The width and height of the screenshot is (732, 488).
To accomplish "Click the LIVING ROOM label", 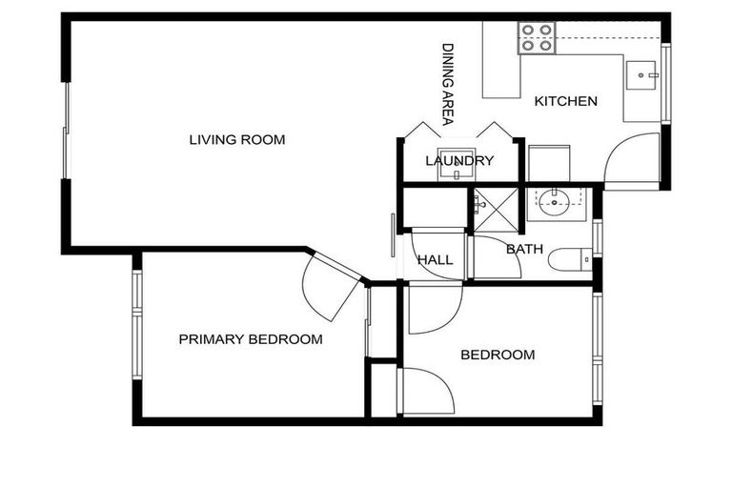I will click(x=236, y=140).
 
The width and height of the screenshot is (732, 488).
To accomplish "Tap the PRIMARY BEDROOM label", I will click(x=250, y=339).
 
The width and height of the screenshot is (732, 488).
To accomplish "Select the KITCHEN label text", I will click(x=565, y=101).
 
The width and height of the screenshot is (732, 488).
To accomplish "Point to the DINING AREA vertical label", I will click(x=446, y=84).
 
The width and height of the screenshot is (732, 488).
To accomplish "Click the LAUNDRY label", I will click(x=459, y=161).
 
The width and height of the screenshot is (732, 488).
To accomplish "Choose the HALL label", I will click(x=435, y=260).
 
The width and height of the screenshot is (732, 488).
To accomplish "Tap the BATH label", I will click(x=524, y=250).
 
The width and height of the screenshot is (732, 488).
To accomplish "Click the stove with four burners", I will click(x=537, y=38).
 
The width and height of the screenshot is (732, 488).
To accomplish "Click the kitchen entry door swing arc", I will click(x=629, y=157).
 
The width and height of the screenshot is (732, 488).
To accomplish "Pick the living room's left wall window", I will click(x=66, y=131).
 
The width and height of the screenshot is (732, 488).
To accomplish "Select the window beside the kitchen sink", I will click(x=666, y=83).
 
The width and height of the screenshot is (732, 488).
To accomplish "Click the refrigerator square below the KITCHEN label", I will click(x=549, y=162).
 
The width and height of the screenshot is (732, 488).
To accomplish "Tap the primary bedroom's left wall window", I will click(x=137, y=324).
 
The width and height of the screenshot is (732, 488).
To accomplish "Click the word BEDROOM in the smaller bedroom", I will click(x=498, y=356).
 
